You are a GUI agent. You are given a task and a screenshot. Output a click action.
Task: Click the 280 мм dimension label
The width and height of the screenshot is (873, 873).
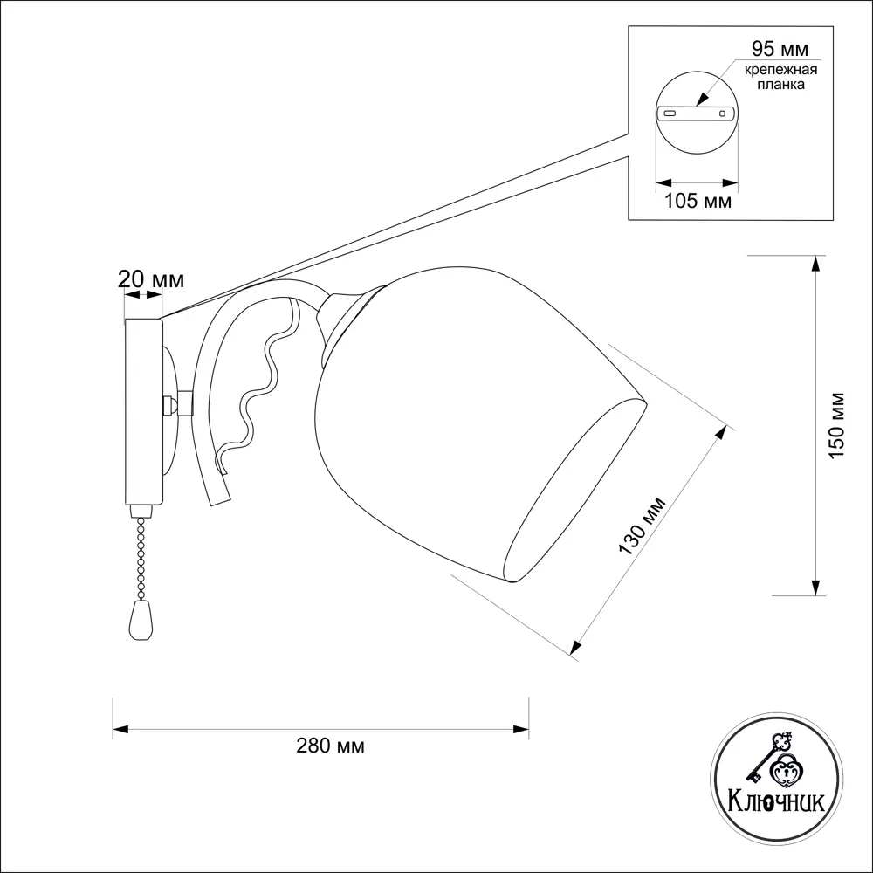coord(330,746)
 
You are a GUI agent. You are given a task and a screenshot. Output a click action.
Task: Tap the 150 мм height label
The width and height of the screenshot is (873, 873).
coord(837,425)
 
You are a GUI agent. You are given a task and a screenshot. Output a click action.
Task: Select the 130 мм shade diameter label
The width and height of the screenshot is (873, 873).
coord(642,526)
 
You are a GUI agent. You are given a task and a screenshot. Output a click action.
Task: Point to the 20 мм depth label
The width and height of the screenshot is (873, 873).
coord(151,279)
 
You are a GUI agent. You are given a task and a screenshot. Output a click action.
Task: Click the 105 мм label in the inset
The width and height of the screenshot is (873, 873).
coord(698,201)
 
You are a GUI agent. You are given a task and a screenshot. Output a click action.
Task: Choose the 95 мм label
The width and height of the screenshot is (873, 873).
coord(780,49)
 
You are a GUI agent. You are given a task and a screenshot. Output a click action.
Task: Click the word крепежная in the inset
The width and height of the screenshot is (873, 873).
coord(780,70)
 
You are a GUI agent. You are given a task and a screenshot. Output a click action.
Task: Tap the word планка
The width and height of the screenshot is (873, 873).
coord(780,85)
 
